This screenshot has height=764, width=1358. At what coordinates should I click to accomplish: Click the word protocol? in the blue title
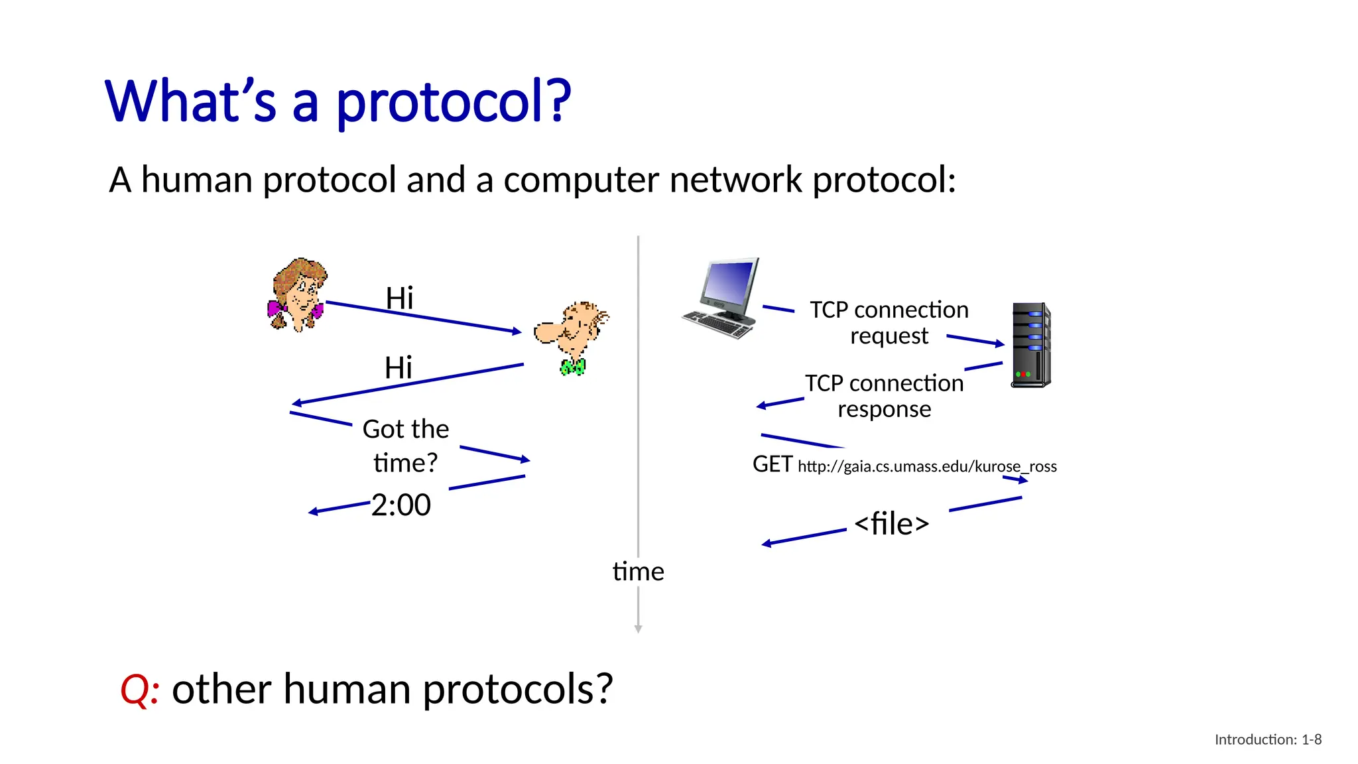tap(454, 101)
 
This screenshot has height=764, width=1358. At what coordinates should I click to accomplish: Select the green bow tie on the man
tap(573, 367)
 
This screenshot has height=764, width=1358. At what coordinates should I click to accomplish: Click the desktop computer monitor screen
tap(729, 282)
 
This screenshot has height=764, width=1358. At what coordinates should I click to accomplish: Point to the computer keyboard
tap(718, 324)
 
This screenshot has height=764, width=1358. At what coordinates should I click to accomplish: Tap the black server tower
tap(1030, 345)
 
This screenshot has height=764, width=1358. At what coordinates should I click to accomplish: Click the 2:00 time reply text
tap(401, 505)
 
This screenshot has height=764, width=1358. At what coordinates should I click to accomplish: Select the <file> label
tap(891, 524)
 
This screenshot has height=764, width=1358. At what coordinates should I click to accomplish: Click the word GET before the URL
tap(772, 464)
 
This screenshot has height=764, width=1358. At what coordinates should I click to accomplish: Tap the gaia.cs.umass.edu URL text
tap(927, 466)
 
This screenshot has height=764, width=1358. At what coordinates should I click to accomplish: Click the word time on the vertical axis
tap(638, 572)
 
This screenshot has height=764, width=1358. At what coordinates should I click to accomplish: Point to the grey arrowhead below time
tap(638, 628)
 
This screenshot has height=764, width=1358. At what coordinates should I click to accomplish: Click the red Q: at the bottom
tap(139, 689)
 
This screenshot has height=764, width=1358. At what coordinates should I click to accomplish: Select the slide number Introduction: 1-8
tap(1267, 739)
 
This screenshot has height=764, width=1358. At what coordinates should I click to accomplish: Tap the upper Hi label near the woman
tap(399, 298)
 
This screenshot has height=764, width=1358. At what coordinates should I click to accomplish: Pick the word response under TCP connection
tap(884, 409)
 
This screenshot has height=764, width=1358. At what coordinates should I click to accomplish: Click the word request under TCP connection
tap(889, 336)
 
